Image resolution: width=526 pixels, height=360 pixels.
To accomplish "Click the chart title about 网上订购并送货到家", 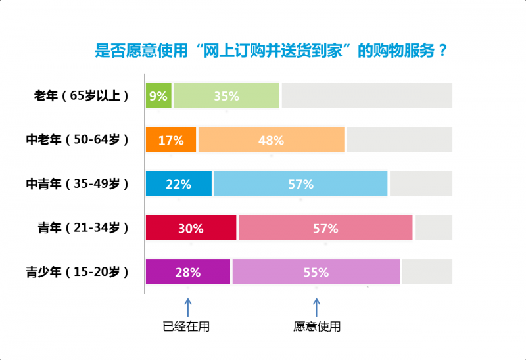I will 272,51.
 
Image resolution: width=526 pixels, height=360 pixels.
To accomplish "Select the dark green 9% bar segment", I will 158,96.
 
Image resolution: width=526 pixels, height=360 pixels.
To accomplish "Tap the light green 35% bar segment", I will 227,96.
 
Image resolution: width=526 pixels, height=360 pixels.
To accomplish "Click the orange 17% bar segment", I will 171,140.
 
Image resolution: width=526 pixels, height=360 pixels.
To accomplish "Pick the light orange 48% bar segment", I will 271,140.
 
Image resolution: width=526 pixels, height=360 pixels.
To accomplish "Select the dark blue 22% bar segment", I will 179,184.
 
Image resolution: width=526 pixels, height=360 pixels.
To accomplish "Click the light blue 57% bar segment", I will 300,184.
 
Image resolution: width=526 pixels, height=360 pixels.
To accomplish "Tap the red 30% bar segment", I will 191,228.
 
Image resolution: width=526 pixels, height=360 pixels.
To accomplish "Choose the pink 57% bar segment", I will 325,228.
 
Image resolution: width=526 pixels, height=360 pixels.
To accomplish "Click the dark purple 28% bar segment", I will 188,272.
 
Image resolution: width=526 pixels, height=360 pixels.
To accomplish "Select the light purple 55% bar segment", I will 316,272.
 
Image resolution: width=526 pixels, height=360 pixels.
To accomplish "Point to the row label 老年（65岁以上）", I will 81,96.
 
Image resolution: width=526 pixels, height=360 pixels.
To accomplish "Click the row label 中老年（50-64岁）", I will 77,140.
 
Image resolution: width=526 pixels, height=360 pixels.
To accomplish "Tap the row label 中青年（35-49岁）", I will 77,184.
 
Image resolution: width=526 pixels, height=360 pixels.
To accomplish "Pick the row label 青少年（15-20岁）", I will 77,272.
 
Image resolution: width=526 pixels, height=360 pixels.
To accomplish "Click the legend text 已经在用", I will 187,326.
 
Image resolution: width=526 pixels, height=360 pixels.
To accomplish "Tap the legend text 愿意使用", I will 317,326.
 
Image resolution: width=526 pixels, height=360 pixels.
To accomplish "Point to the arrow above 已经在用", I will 187,307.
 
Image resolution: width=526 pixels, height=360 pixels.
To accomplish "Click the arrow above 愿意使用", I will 316,307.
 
